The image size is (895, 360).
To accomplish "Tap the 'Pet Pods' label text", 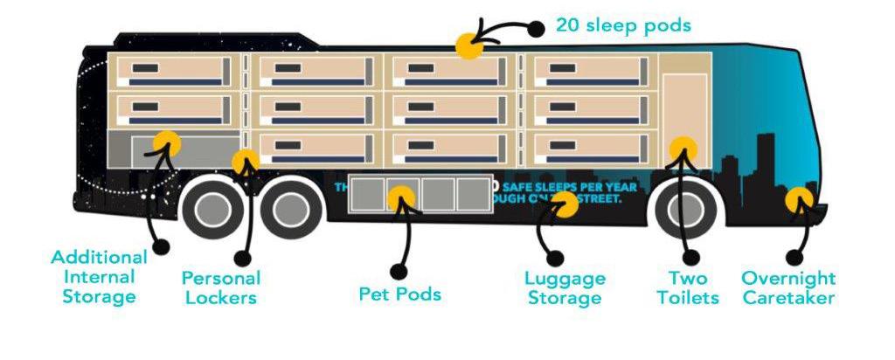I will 399,294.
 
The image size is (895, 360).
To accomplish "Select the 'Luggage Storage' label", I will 565,288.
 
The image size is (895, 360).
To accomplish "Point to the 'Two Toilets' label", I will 689,288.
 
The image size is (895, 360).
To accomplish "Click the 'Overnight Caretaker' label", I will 788,288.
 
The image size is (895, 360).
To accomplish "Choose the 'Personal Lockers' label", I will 221,288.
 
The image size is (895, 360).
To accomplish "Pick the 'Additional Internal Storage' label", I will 99,277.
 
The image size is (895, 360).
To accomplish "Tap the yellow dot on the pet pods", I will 401,198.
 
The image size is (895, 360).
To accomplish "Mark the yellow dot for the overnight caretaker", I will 797,201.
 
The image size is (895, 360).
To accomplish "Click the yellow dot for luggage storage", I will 565,204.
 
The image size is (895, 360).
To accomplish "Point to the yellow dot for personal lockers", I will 246,162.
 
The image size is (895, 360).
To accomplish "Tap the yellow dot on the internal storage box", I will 166,143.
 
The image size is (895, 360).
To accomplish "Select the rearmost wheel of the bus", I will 212,211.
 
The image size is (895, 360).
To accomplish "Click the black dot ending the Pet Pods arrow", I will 399,270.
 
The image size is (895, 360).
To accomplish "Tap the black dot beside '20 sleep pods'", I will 537,27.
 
